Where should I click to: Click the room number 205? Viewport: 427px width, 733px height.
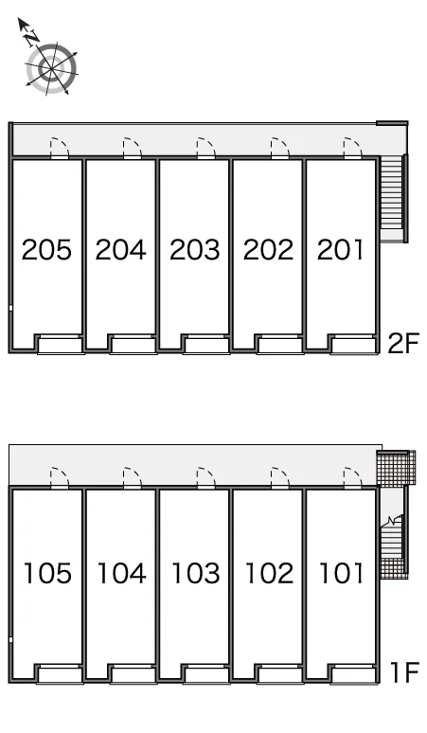pyautogui.click(x=46, y=249)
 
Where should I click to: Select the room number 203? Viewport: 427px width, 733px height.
pyautogui.click(x=194, y=249)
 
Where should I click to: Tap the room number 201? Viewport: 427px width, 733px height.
pyautogui.click(x=340, y=249)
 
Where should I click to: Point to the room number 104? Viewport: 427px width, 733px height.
pyautogui.click(x=121, y=573)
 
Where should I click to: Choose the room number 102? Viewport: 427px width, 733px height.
pyautogui.click(x=269, y=573)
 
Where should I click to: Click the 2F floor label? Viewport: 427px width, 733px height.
pyautogui.click(x=404, y=344)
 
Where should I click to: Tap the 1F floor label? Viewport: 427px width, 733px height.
pyautogui.click(x=404, y=673)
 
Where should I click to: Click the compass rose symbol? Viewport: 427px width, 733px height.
pyautogui.click(x=51, y=69)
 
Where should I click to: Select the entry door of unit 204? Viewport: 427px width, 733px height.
pyautogui.click(x=133, y=149)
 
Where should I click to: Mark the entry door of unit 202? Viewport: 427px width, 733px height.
pyautogui.click(x=280, y=149)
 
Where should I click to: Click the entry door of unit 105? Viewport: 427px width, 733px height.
pyautogui.click(x=60, y=477)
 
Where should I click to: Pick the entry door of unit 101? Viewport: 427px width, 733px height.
pyautogui.click(x=353, y=477)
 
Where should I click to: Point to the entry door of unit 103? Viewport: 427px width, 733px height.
pyautogui.click(x=206, y=477)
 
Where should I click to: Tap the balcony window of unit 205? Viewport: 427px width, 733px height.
pyautogui.click(x=60, y=344)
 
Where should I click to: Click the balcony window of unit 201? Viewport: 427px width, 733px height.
pyautogui.click(x=353, y=344)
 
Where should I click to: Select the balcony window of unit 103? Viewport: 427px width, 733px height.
pyautogui.click(x=206, y=674)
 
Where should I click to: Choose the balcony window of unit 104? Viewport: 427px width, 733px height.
pyautogui.click(x=133, y=674)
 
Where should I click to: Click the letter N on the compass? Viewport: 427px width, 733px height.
pyautogui.click(x=32, y=37)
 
